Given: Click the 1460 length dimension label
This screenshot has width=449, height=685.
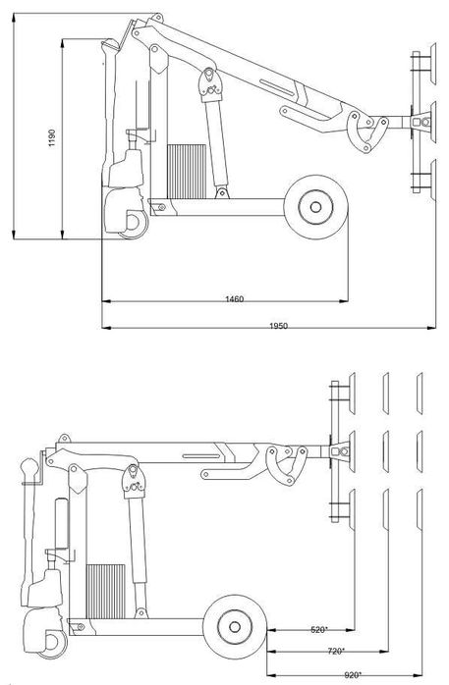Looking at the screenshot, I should click(234, 297).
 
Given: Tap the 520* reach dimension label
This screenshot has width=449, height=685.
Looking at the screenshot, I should click(317, 627).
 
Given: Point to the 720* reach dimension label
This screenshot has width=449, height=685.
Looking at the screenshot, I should click(336, 650).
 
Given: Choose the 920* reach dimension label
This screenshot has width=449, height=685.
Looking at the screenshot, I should click(353, 673).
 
